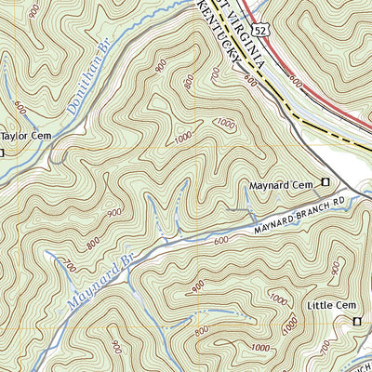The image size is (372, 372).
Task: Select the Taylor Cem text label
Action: coord(25,135)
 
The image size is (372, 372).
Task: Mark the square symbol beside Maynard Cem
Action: coord(325,182)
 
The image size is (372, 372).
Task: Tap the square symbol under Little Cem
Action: coord(356,321)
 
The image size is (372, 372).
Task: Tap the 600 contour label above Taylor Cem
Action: coord(21,109)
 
